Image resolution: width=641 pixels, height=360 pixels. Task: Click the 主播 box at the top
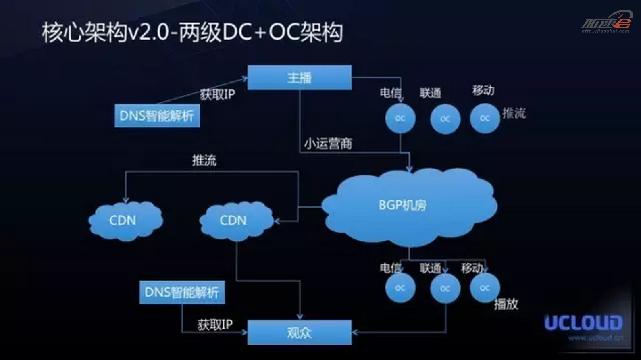click(x=299, y=77)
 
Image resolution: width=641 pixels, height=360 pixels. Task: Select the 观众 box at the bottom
click(x=299, y=333)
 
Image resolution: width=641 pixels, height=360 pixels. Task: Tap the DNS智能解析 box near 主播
click(x=157, y=116)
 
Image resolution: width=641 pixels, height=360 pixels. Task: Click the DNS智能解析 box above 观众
click(x=182, y=292)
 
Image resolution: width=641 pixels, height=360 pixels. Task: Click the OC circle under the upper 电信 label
click(x=400, y=119)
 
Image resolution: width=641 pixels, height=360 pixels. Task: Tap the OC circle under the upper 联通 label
click(x=445, y=119)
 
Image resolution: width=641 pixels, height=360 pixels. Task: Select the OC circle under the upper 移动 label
click(x=485, y=118)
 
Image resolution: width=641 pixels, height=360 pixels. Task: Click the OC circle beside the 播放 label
click(x=485, y=288)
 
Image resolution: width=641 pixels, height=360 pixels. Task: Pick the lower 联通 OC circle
click(x=445, y=289)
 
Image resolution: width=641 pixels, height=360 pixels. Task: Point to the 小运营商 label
click(x=328, y=144)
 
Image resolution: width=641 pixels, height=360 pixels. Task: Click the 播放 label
click(x=506, y=304)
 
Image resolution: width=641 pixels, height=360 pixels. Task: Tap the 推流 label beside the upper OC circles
click(x=514, y=113)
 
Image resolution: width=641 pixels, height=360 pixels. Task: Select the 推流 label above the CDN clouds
click(x=204, y=160)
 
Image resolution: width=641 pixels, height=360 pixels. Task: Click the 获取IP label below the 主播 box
click(x=217, y=94)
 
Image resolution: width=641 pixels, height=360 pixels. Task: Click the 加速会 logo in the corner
click(x=606, y=22)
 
